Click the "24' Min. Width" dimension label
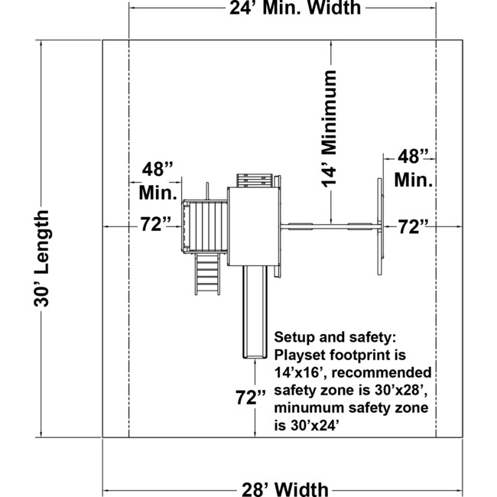pyautogui.click(x=296, y=9)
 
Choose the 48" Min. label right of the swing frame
pyautogui.click(x=414, y=168)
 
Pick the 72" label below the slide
pyautogui.click(x=251, y=398)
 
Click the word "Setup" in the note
pyautogui.click(x=294, y=337)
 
